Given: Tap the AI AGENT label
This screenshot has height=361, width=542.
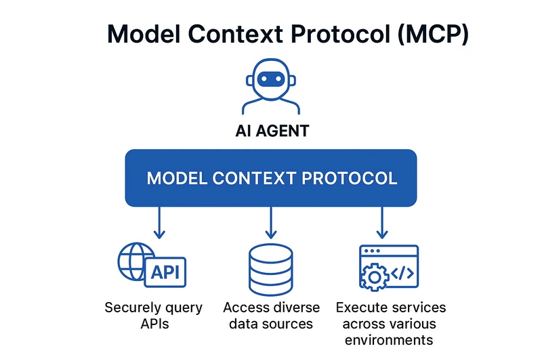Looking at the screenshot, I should coord(271,130).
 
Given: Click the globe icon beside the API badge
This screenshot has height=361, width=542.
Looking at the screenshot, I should coord(133,261).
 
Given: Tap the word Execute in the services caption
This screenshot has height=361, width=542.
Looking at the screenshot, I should coord(360,307).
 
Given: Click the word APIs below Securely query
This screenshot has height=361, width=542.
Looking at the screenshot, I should coord(154,324).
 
